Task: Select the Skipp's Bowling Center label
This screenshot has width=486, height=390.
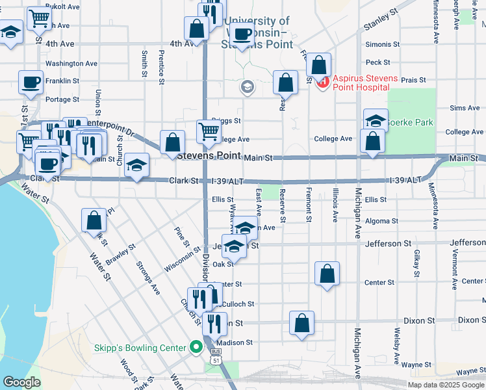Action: click(140, 348)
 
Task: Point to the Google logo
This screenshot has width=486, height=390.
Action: click(21, 383)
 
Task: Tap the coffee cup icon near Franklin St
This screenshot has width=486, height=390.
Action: click(31, 83)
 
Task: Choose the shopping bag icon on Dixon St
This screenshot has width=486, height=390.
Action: click(301, 323)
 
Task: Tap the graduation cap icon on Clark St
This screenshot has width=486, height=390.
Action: click(137, 166)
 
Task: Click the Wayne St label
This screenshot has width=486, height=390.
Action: click(470, 371)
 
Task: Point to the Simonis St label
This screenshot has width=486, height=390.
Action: click(383, 44)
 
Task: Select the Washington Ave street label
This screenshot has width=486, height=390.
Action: click(71, 64)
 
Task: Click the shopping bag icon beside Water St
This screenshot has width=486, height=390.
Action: click(94, 220)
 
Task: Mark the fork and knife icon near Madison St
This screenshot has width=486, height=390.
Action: click(214, 323)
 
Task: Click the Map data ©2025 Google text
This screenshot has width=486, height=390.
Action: click(445, 384)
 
